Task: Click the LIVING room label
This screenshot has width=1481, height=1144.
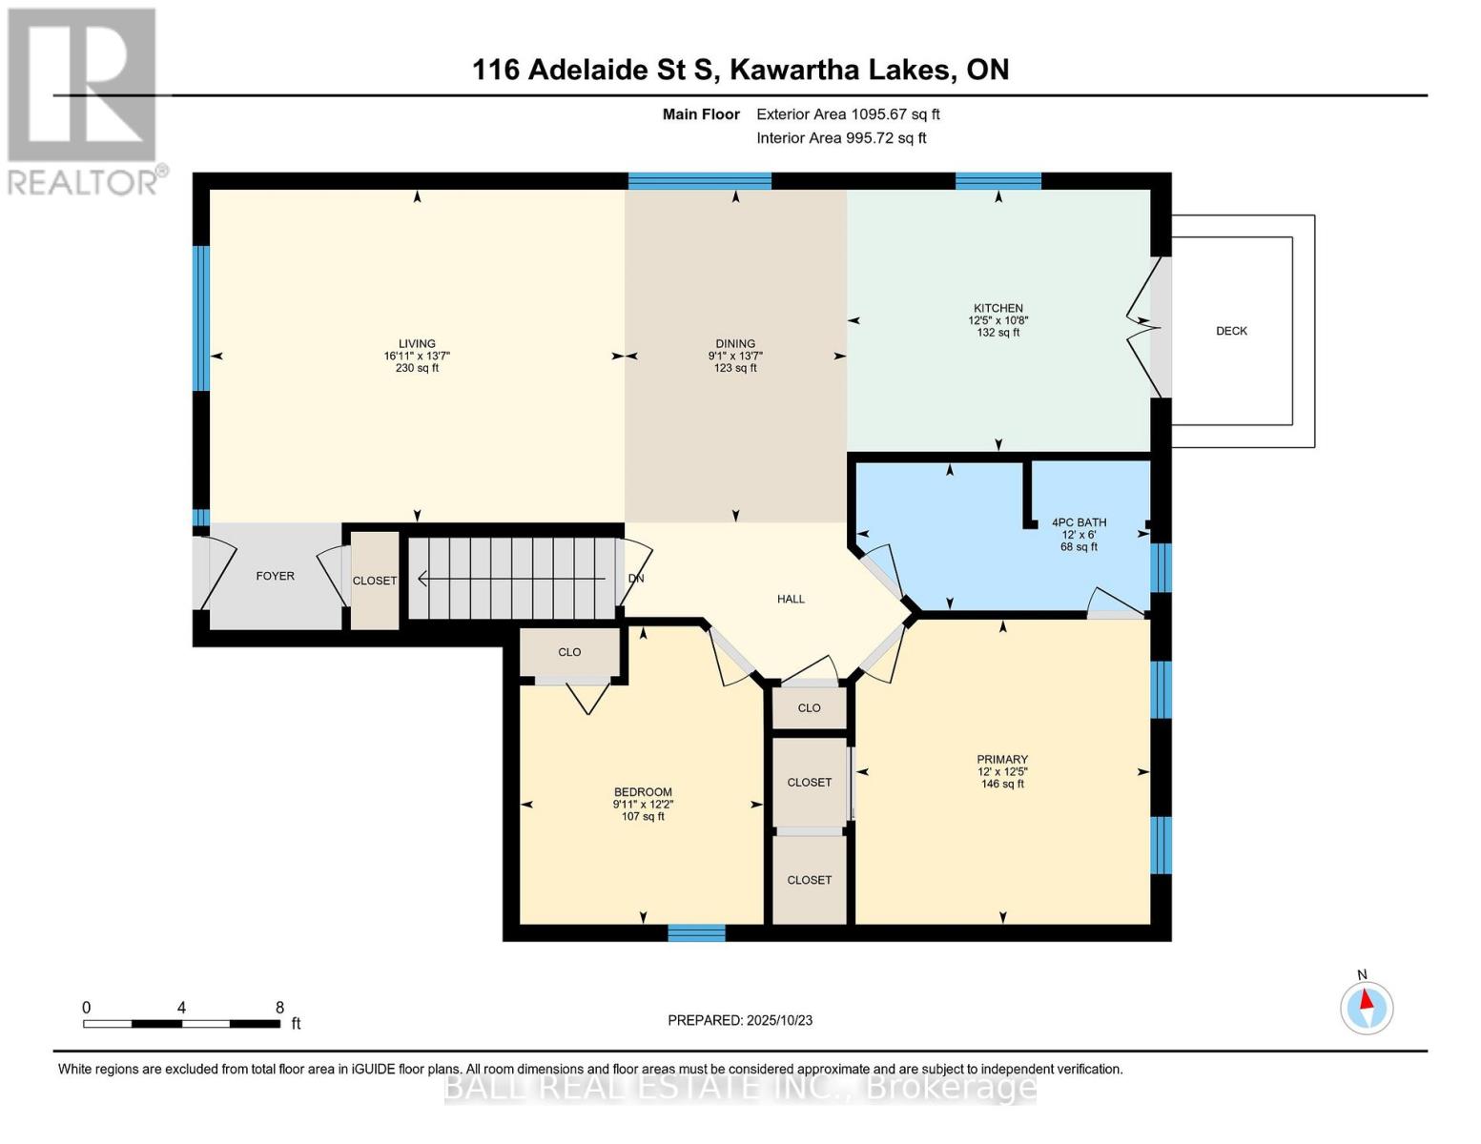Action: pyautogui.click(x=417, y=344)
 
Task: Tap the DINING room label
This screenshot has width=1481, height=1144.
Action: pyautogui.click(x=735, y=344)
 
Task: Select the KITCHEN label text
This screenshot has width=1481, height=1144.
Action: pyautogui.click(x=998, y=308)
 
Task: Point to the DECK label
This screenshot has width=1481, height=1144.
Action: pyautogui.click(x=1231, y=331)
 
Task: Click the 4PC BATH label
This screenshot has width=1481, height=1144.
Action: pyautogui.click(x=1079, y=522)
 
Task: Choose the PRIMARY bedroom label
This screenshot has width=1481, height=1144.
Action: pyautogui.click(x=1002, y=760)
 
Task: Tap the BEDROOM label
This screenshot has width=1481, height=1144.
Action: pyautogui.click(x=643, y=792)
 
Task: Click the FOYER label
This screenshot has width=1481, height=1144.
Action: pyautogui.click(x=275, y=576)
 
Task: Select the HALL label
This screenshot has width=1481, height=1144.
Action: pyautogui.click(x=791, y=599)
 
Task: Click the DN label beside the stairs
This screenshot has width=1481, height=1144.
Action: pyautogui.click(x=636, y=578)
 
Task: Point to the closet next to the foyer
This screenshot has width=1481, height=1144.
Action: pyautogui.click(x=375, y=581)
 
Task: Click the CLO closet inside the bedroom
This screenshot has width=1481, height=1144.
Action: pyautogui.click(x=569, y=652)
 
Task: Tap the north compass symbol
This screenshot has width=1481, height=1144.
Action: pyautogui.click(x=1367, y=1007)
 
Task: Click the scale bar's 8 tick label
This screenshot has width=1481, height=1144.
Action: pyautogui.click(x=279, y=1007)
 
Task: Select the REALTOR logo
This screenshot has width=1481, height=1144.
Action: pyautogui.click(x=84, y=100)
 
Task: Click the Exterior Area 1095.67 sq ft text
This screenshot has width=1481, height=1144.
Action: pyautogui.click(x=848, y=114)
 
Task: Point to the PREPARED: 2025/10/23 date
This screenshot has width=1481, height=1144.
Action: pyautogui.click(x=740, y=1020)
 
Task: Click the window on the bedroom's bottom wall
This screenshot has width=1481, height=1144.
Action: pyautogui.click(x=696, y=932)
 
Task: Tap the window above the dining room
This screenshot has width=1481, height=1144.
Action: pyautogui.click(x=699, y=181)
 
